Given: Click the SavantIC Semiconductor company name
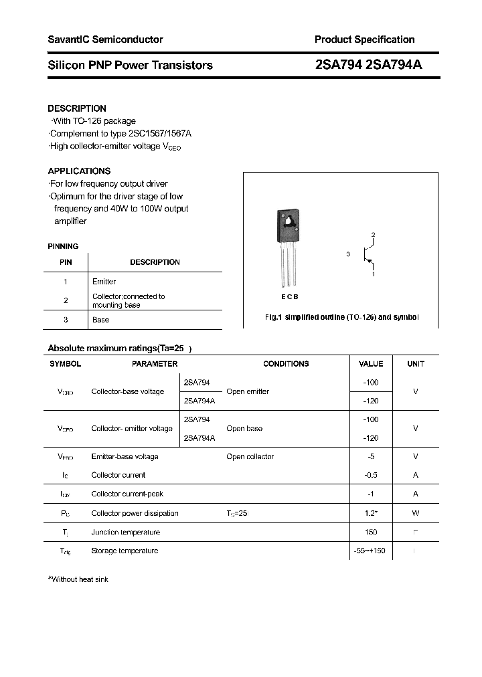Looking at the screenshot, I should coord(105,39).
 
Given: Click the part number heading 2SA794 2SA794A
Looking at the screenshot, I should coord(368,65).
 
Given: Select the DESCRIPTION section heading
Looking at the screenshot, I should coord(77,108).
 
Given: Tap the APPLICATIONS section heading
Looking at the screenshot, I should coord(79,171).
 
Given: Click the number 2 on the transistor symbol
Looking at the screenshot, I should coord(374,235).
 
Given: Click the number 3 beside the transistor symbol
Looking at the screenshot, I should coord(348,254).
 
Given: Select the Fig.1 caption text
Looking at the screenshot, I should coord(341,317).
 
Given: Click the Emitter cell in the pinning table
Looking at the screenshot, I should coord(104,282).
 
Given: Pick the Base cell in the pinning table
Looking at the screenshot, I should coord(100,320).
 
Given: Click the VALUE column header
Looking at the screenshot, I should coord(371,364).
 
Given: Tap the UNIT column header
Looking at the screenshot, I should coord(416,364).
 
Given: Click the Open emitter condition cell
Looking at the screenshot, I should coord(248,391).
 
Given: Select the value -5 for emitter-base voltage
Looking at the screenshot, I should coord(371,456).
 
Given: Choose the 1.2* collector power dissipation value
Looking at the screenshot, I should coord(371,513).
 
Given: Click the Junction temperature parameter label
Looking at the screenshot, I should coord(125,533).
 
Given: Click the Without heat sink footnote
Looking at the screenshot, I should coord(78,579).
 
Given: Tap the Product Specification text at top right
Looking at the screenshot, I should coord(364,39).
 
